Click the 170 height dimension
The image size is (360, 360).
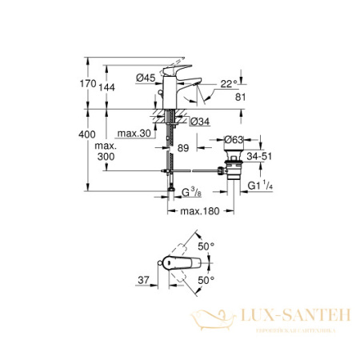point(94,84)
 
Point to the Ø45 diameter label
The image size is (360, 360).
point(145,77)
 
